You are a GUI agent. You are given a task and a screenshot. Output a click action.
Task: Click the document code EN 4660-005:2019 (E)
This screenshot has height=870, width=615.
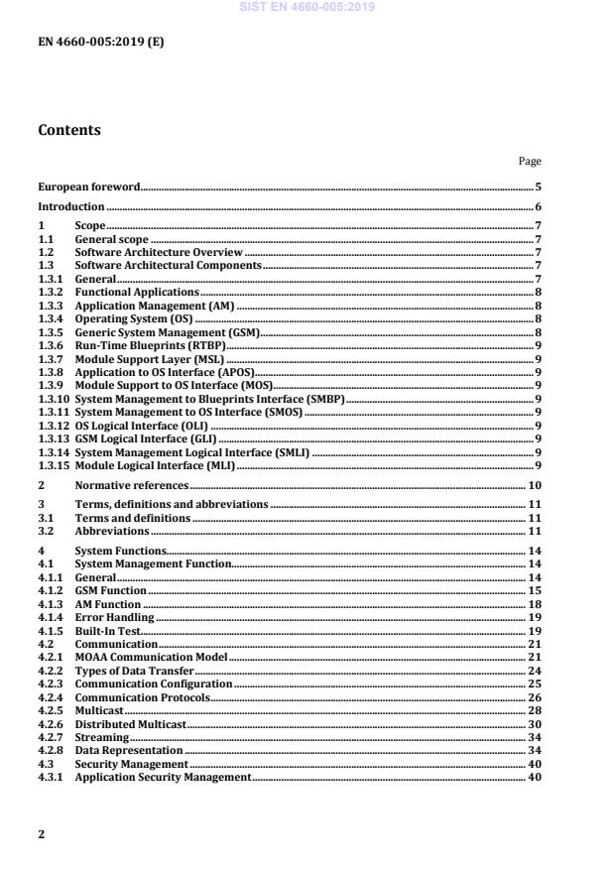(100, 42)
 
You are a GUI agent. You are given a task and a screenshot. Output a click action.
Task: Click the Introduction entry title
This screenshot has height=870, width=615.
(70, 206)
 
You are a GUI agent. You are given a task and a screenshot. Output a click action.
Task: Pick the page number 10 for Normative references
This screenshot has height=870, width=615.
(533, 486)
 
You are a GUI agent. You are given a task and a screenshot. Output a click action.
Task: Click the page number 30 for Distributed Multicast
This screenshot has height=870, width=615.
(533, 725)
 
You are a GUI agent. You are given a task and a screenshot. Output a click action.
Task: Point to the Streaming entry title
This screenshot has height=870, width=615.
(101, 738)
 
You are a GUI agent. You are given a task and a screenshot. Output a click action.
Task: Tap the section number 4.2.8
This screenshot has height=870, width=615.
(51, 751)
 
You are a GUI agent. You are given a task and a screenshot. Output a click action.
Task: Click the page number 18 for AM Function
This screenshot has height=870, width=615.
(533, 604)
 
